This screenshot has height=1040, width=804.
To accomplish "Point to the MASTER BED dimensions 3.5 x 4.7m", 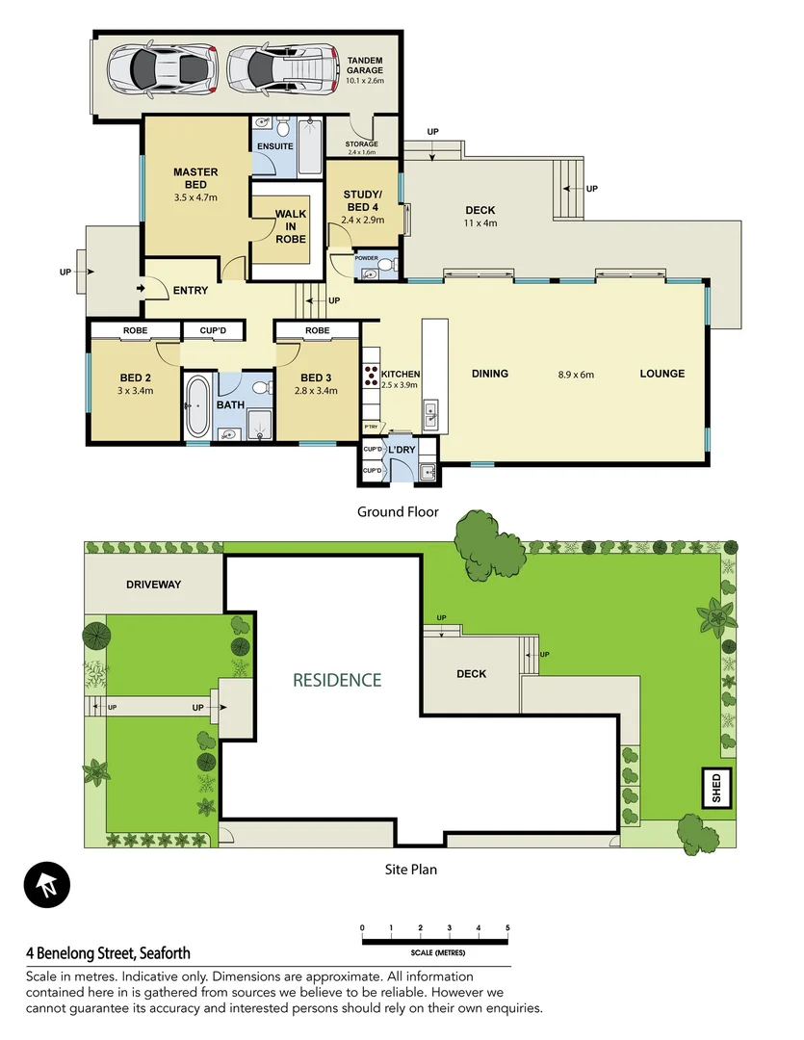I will click(x=195, y=197).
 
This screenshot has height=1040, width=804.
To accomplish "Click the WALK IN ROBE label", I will click(x=290, y=225).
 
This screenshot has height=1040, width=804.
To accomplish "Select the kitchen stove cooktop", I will click(x=369, y=376).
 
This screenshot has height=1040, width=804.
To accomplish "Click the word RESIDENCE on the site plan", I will click(x=337, y=680).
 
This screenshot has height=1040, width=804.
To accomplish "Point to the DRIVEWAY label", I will click(x=153, y=585).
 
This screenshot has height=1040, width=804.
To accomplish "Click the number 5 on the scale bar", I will click(x=507, y=928).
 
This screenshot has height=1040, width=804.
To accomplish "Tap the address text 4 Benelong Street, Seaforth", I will click(x=108, y=953).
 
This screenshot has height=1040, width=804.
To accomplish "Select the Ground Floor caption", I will click(x=398, y=511).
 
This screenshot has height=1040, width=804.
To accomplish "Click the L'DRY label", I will click(x=402, y=450).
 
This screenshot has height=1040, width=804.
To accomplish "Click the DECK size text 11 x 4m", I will click(x=480, y=223).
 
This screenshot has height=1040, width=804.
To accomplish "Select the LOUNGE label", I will click(x=662, y=374).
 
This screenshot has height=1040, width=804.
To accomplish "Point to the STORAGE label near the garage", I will click(x=361, y=144).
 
